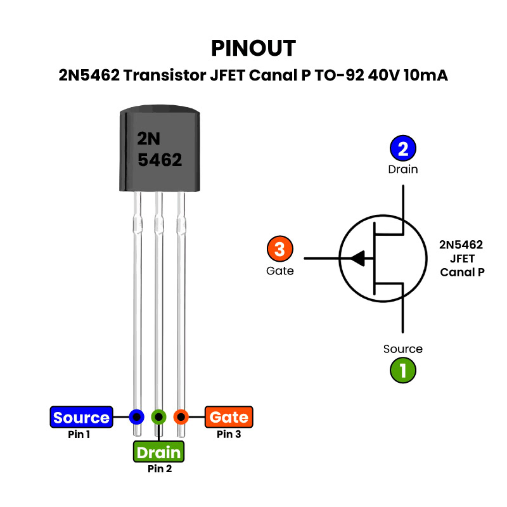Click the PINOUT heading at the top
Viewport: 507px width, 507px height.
click(x=253, y=48)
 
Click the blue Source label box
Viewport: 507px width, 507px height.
click(x=81, y=418)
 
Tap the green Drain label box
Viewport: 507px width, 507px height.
click(x=158, y=452)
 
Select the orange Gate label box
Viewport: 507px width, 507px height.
click(x=228, y=417)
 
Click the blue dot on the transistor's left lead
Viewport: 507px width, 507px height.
click(x=136, y=417)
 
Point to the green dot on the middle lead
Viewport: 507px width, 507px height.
click(x=158, y=417)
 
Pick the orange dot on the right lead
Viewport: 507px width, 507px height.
click(x=181, y=417)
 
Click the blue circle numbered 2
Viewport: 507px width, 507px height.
click(x=402, y=149)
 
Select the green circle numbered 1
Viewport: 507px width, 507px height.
click(x=402, y=369)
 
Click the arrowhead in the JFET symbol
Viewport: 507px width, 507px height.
click(x=357, y=259)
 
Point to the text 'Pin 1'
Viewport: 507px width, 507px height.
click(x=79, y=435)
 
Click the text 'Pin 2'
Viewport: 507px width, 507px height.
click(x=160, y=470)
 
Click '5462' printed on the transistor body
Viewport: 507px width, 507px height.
click(x=160, y=160)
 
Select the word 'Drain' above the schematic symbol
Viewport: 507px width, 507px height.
click(x=403, y=169)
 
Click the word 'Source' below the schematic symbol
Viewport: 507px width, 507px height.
click(x=403, y=349)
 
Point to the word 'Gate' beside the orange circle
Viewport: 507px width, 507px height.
click(x=280, y=271)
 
